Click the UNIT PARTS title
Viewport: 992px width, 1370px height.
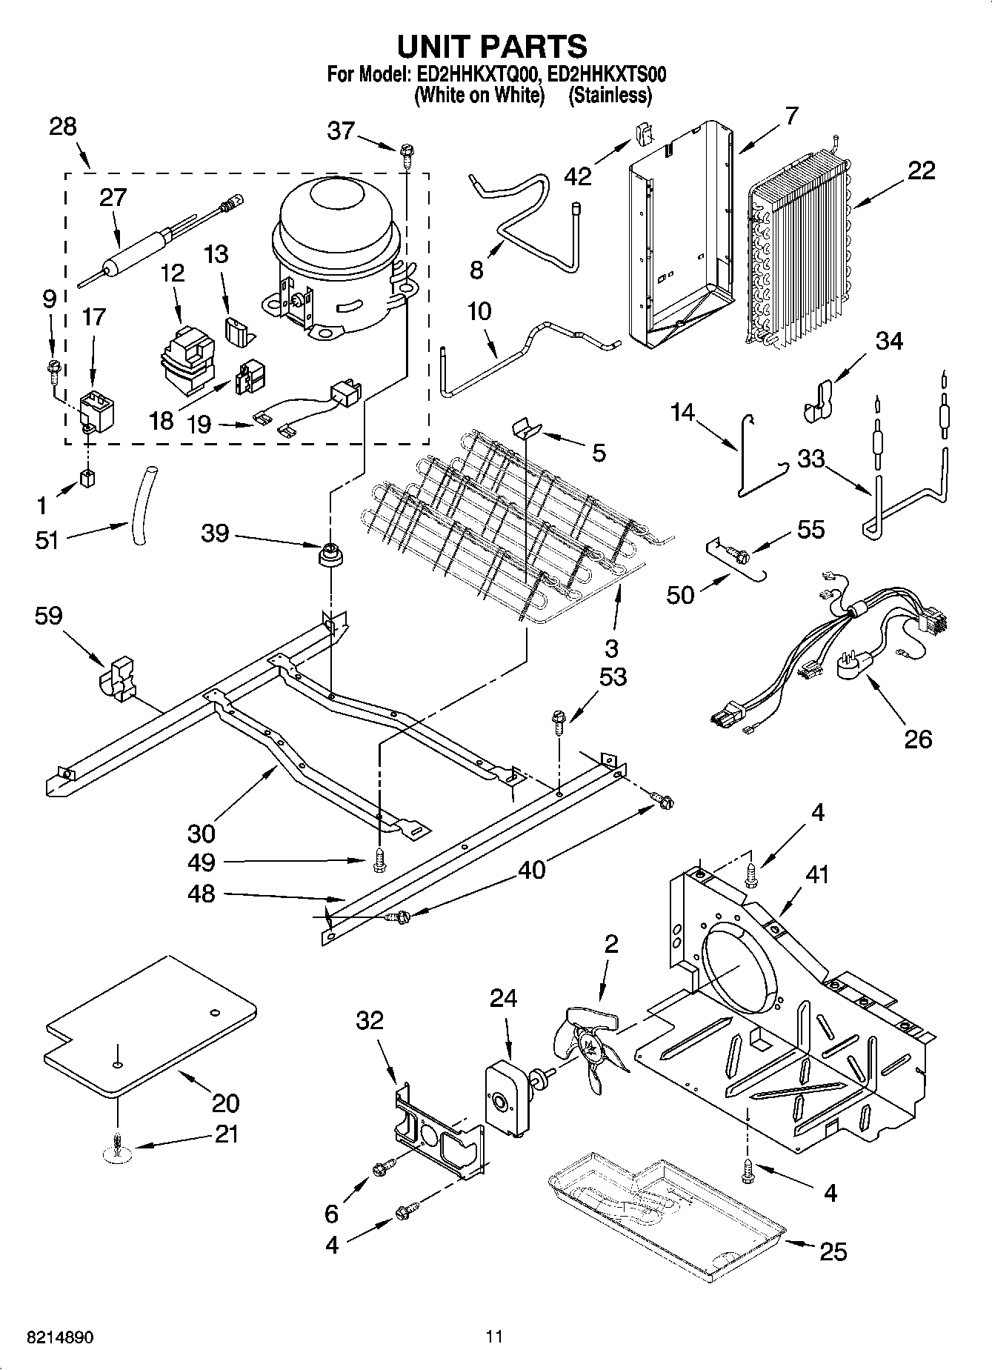coord(493,47)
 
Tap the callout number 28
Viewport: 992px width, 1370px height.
coord(63,127)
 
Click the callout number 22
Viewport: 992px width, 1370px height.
coord(921,170)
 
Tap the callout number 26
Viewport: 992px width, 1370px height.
coord(918,738)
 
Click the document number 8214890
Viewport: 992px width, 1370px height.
coord(60,1337)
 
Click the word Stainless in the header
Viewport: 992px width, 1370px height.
coord(609,95)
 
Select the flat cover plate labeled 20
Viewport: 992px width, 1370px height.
coord(150,1025)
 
